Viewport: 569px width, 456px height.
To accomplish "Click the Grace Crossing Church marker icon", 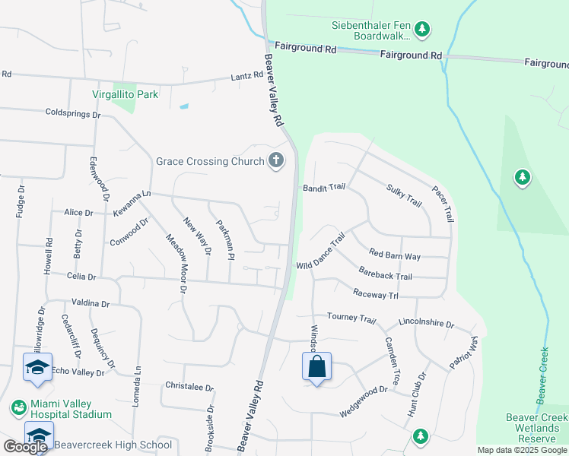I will [x=276, y=160].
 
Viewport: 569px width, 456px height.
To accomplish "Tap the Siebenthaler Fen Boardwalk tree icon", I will [x=423, y=30].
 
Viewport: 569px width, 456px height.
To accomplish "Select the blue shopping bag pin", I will [x=316, y=367].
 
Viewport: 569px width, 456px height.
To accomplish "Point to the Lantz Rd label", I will [x=247, y=76].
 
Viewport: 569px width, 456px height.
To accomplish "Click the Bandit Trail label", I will [x=324, y=187].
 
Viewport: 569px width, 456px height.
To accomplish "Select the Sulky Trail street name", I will [x=404, y=195].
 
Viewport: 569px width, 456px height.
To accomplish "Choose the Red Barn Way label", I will [x=395, y=256].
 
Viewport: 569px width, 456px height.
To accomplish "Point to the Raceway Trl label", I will [x=376, y=294].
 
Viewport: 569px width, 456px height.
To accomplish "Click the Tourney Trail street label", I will [x=351, y=317].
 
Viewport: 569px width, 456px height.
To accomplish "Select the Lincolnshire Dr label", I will [x=426, y=323].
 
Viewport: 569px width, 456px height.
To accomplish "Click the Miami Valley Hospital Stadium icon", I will [x=17, y=408].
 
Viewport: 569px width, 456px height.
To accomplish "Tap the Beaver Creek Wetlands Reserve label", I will [x=536, y=429].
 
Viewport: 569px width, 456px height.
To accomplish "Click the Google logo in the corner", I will [x=25, y=447].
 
